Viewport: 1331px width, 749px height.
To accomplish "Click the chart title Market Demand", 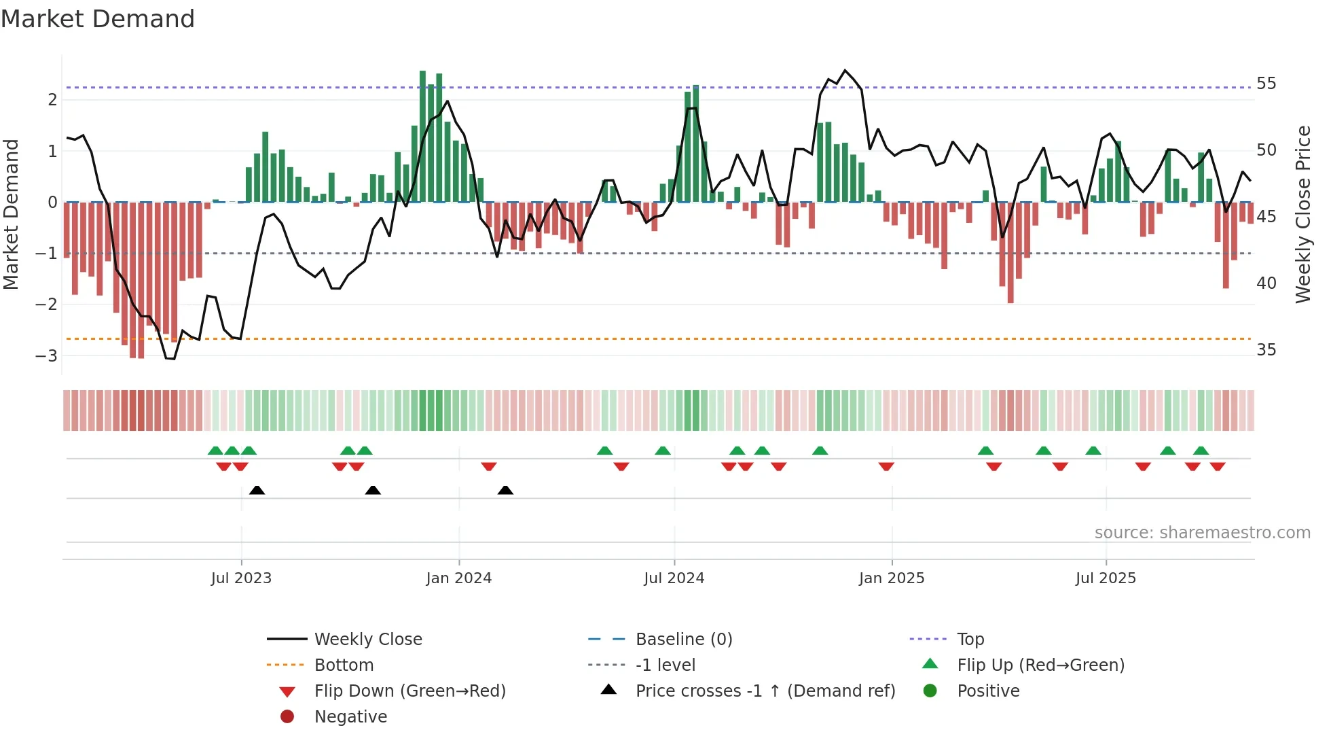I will click(x=98, y=19).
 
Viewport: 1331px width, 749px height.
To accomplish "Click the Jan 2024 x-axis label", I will click(x=458, y=578).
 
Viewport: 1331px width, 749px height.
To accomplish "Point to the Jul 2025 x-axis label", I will click(x=1106, y=578).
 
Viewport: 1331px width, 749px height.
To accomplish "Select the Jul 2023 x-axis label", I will click(x=241, y=578).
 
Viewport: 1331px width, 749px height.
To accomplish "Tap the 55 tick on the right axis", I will click(x=1266, y=84).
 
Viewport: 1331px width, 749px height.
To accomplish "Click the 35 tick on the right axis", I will click(x=1266, y=350).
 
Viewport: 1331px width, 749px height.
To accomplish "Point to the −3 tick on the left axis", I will click(x=46, y=355).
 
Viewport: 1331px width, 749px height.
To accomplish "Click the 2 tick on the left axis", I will click(x=52, y=100).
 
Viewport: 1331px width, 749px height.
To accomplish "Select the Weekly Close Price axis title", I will click(x=1302, y=214).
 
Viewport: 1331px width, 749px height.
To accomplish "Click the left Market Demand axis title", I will click(x=11, y=214).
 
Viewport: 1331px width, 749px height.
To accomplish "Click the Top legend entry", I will click(x=970, y=640).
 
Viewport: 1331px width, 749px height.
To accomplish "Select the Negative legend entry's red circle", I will click(x=287, y=717).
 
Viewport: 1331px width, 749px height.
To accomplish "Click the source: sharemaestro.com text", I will click(x=1202, y=533).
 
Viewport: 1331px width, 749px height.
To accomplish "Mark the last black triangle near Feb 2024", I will click(x=505, y=491).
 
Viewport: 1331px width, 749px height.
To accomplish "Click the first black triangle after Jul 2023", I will click(x=257, y=491).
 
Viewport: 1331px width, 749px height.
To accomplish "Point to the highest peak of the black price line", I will click(x=845, y=70).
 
